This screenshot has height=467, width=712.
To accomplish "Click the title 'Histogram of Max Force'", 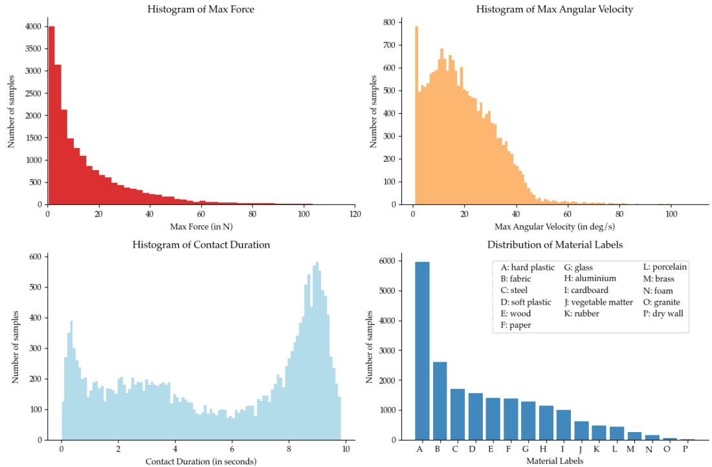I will [201, 9].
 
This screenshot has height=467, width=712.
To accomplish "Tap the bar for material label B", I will [439, 401].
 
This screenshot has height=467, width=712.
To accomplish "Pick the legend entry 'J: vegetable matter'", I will [598, 302].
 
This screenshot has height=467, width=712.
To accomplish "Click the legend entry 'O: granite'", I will [661, 302].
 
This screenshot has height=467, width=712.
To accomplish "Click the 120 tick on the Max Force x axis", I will [354, 213].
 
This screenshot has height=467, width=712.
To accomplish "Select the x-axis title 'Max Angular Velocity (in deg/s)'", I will [554, 227].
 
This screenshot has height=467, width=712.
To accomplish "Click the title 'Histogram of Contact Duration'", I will [201, 245].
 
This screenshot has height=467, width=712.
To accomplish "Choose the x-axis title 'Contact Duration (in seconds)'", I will [201, 461].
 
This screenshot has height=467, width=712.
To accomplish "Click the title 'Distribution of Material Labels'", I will [554, 245].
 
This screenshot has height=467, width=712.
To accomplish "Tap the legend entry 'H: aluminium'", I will [590, 279].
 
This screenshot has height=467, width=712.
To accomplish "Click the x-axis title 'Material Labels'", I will [554, 461].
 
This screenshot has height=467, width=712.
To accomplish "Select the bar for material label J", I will [581, 431].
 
